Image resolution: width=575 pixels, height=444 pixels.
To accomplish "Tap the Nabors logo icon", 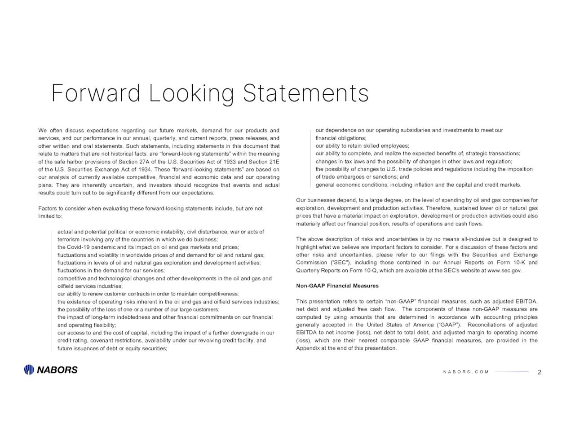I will pos(29,370).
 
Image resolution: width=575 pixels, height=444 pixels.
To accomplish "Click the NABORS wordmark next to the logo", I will pos(57,370).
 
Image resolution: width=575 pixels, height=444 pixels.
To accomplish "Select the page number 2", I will pos(539,372).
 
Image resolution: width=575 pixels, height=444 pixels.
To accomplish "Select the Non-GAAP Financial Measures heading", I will pos(337,286).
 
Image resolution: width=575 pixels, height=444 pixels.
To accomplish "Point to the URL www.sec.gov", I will pos(504,271).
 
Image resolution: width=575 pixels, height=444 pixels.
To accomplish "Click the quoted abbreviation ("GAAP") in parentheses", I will pos(448,325).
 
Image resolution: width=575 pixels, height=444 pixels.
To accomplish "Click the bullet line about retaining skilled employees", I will pos(362,146).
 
